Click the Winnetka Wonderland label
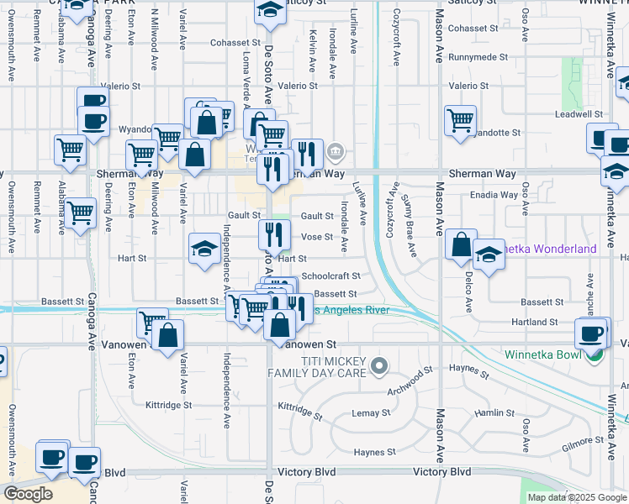(552, 249)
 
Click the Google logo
(28, 493)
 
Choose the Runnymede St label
(478, 57)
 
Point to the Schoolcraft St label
(330, 276)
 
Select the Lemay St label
(371, 413)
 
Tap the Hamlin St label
(494, 412)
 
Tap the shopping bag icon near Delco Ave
(461, 244)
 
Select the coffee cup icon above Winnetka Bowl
(590, 333)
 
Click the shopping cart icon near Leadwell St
(460, 120)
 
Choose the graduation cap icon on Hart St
(204, 248)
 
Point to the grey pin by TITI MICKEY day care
(380, 365)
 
